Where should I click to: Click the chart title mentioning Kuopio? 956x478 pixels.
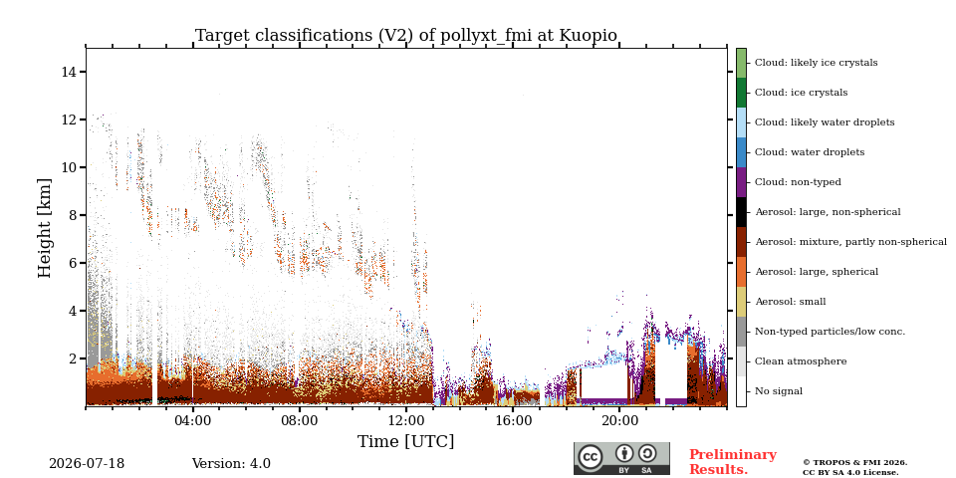coord(406,36)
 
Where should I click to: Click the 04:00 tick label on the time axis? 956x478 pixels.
coord(192,420)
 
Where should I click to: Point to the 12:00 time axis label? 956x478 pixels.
coord(406,420)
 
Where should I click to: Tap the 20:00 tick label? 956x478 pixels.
coord(619,420)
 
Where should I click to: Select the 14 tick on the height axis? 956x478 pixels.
coord(70,72)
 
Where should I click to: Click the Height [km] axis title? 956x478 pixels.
coord(45,228)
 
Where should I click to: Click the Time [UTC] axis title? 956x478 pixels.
coord(406,441)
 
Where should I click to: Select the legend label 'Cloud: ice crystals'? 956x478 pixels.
coord(801,93)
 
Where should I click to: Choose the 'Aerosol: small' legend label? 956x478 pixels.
coord(790,302)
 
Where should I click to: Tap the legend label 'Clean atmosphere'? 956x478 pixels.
coord(801,361)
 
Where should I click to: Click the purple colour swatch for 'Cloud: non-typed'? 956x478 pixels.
coord(741,182)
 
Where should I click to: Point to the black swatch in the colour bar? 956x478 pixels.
coord(741,212)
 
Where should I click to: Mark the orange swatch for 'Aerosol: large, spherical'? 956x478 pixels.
coord(741,272)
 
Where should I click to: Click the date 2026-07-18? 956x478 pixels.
coord(87,464)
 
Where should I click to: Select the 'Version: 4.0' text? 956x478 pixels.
coord(231,464)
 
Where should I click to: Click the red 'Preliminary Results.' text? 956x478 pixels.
coord(733,462)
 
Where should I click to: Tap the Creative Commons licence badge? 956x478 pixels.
coord(621,458)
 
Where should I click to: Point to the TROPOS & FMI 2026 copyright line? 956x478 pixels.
coord(854,463)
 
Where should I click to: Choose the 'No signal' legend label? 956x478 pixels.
coord(779,391)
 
